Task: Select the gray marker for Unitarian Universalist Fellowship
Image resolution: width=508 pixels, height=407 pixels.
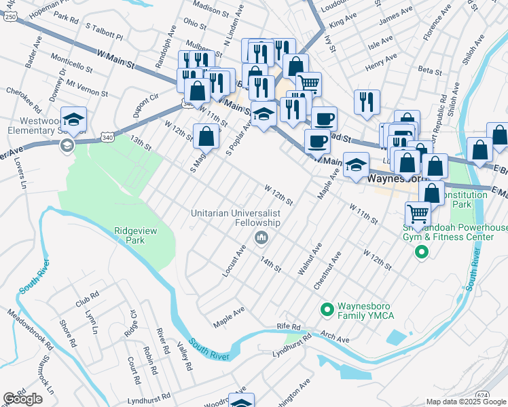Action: pos(261,238)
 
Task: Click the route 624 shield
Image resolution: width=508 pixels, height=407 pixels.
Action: pos(482,395)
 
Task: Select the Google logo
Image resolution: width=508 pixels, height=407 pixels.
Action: pos(23,399)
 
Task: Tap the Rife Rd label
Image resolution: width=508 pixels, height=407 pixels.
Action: pos(288,327)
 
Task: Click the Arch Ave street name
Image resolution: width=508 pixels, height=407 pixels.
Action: pos(335,338)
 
